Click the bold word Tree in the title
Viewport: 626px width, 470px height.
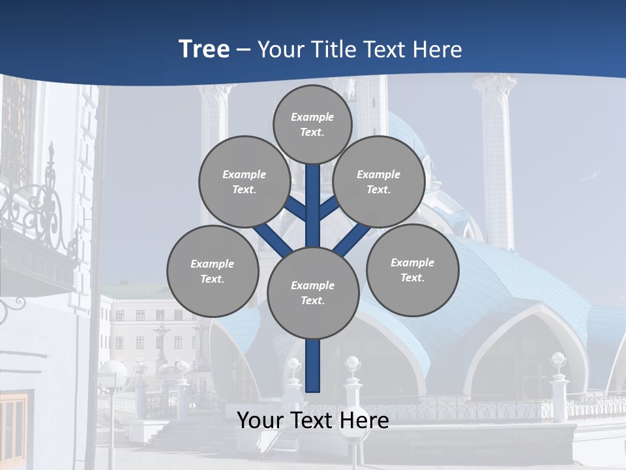tap(204, 50)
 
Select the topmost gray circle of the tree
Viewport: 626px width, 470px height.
tap(312, 125)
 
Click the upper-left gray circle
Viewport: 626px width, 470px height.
tap(244, 182)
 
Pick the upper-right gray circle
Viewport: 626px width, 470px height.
tap(378, 182)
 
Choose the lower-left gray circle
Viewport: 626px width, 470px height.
tap(212, 272)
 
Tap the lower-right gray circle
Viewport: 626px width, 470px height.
tap(412, 270)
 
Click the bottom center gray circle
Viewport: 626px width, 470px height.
tap(313, 293)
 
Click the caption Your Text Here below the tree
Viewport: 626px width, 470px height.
tap(313, 420)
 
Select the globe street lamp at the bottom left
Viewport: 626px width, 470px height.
tap(112, 375)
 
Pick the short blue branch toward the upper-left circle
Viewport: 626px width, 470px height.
tap(296, 208)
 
